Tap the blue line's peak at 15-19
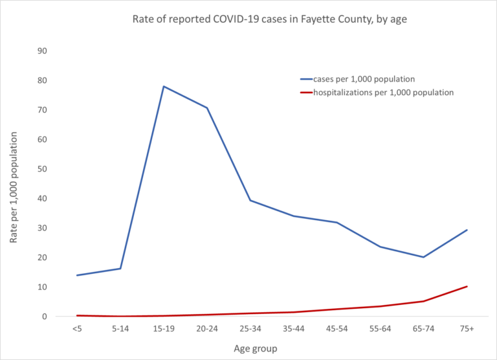point(164,86)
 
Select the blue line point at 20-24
point(207,107)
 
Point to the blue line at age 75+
point(467,230)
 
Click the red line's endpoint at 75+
point(467,286)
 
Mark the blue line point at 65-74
point(423,257)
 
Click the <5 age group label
point(77,330)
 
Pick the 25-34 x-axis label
point(250,330)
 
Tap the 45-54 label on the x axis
point(337,330)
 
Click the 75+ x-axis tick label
point(467,330)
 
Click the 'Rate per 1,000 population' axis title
point(14,184)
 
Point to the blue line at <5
point(77,275)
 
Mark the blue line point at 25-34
point(250,200)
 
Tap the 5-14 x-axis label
point(120,330)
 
